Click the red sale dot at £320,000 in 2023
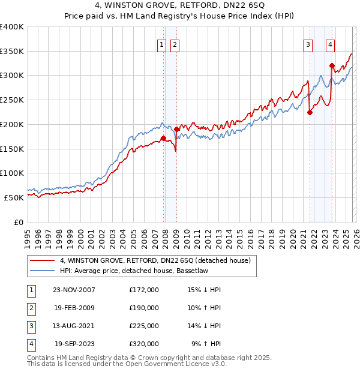tap(332, 65)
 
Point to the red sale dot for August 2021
tap(310, 112)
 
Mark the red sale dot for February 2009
tap(176, 129)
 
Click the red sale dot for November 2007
tap(163, 138)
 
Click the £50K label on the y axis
tap(14, 197)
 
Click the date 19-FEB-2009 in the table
tap(73, 308)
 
